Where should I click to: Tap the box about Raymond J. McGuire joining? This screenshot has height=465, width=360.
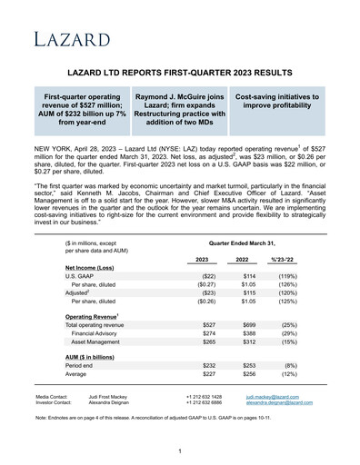tap(179, 109)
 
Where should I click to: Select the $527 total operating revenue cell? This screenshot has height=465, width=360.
tap(209, 325)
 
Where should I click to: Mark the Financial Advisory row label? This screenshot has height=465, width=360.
tap(101, 335)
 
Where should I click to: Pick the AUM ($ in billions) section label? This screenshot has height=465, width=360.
tap(95, 357)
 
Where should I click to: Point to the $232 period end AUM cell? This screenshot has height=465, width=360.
tap(209, 367)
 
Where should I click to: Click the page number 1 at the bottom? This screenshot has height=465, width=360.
tap(180, 451)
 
